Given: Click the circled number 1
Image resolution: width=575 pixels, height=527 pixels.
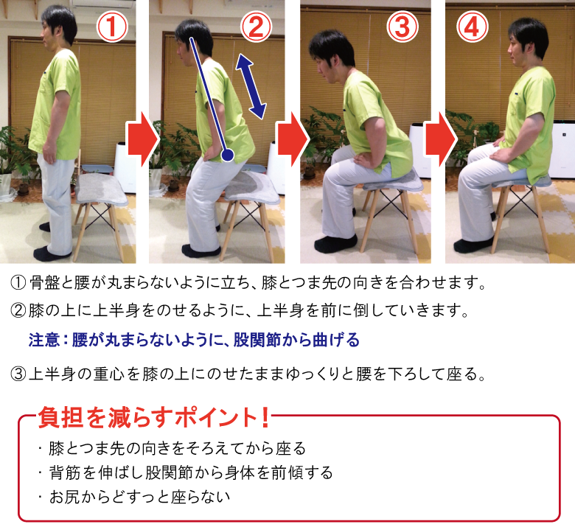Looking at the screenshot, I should point(113,27).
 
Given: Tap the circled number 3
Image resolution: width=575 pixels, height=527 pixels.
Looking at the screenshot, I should point(402,27).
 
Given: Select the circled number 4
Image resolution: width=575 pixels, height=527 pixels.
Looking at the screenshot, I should point(473,27).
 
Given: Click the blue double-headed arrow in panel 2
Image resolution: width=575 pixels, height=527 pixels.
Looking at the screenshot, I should point(251,86).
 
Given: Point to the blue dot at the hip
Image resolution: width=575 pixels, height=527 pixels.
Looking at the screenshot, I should point(227,156).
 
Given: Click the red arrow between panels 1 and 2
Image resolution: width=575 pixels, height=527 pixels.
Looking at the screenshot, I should point(142,139).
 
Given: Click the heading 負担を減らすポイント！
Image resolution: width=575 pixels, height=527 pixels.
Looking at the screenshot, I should point(153,418).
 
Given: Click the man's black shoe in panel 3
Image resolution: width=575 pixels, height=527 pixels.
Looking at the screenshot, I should point(335,242).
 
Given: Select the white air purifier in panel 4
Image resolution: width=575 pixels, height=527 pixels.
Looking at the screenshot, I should point(562,148).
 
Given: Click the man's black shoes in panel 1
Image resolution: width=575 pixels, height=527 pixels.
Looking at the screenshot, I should point(52,252).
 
